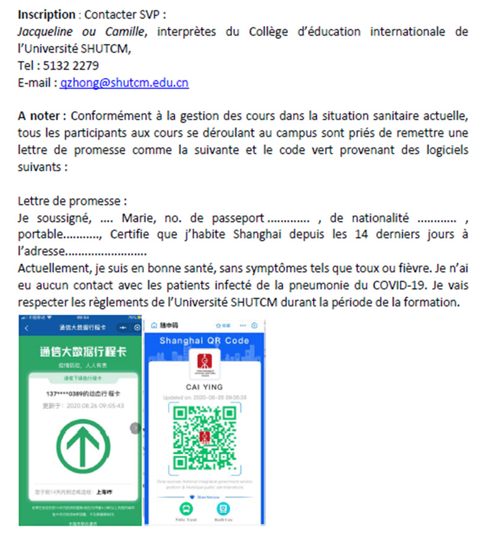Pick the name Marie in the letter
137,218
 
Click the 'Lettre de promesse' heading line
72,201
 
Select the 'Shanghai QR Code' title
204,340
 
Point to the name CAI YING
205,387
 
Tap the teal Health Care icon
223,508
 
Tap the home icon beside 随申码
154,325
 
